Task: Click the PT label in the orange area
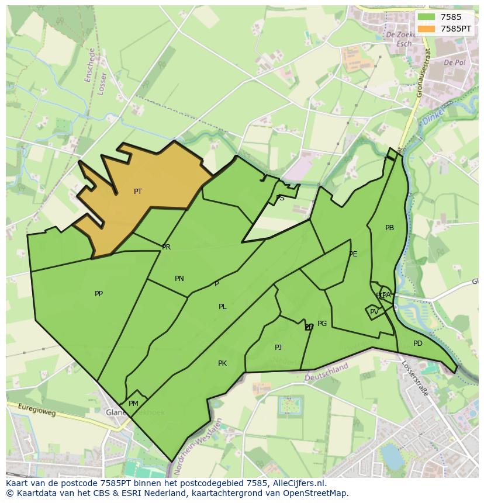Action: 138,191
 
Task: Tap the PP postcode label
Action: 99,294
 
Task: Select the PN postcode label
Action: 179,279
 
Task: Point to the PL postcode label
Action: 223,307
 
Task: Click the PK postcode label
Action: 222,363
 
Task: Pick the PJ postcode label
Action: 278,348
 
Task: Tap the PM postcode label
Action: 133,404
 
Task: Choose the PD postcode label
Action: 417,344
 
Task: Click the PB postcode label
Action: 389,228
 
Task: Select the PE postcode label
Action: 353,254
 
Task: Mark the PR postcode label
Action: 167,247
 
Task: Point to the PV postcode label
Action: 374,312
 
